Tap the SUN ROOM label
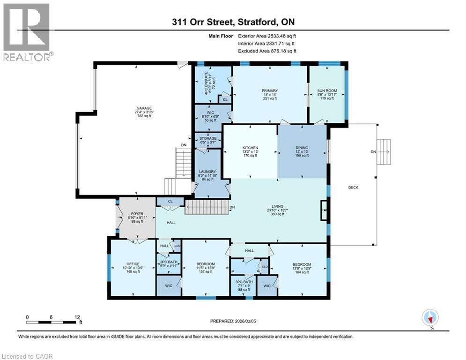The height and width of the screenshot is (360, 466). point(327,90)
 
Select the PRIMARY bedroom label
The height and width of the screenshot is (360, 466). point(270,91)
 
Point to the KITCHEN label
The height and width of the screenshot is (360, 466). point(250,148)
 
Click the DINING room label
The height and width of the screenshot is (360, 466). point(302,148)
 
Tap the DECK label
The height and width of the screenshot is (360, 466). point(353,187)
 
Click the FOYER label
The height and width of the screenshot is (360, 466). point(136,213)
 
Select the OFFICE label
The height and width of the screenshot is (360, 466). point(133,264)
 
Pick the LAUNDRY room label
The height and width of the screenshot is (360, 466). point(207,172)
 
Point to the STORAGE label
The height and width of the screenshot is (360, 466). point(208,139)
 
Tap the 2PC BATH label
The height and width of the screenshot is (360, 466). point(168,262)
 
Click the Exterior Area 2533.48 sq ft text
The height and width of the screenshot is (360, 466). point(267,36)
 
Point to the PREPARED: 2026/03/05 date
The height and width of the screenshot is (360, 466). point(233,321)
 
